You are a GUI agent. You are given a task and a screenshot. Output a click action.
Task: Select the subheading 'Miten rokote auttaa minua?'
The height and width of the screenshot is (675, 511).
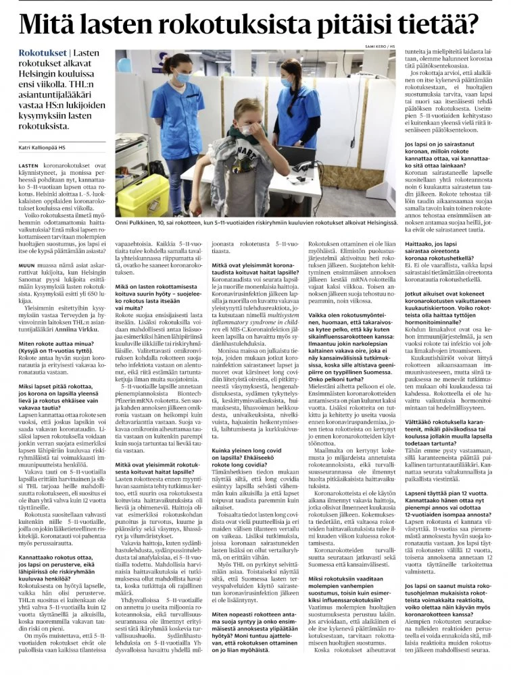pos(57,343)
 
